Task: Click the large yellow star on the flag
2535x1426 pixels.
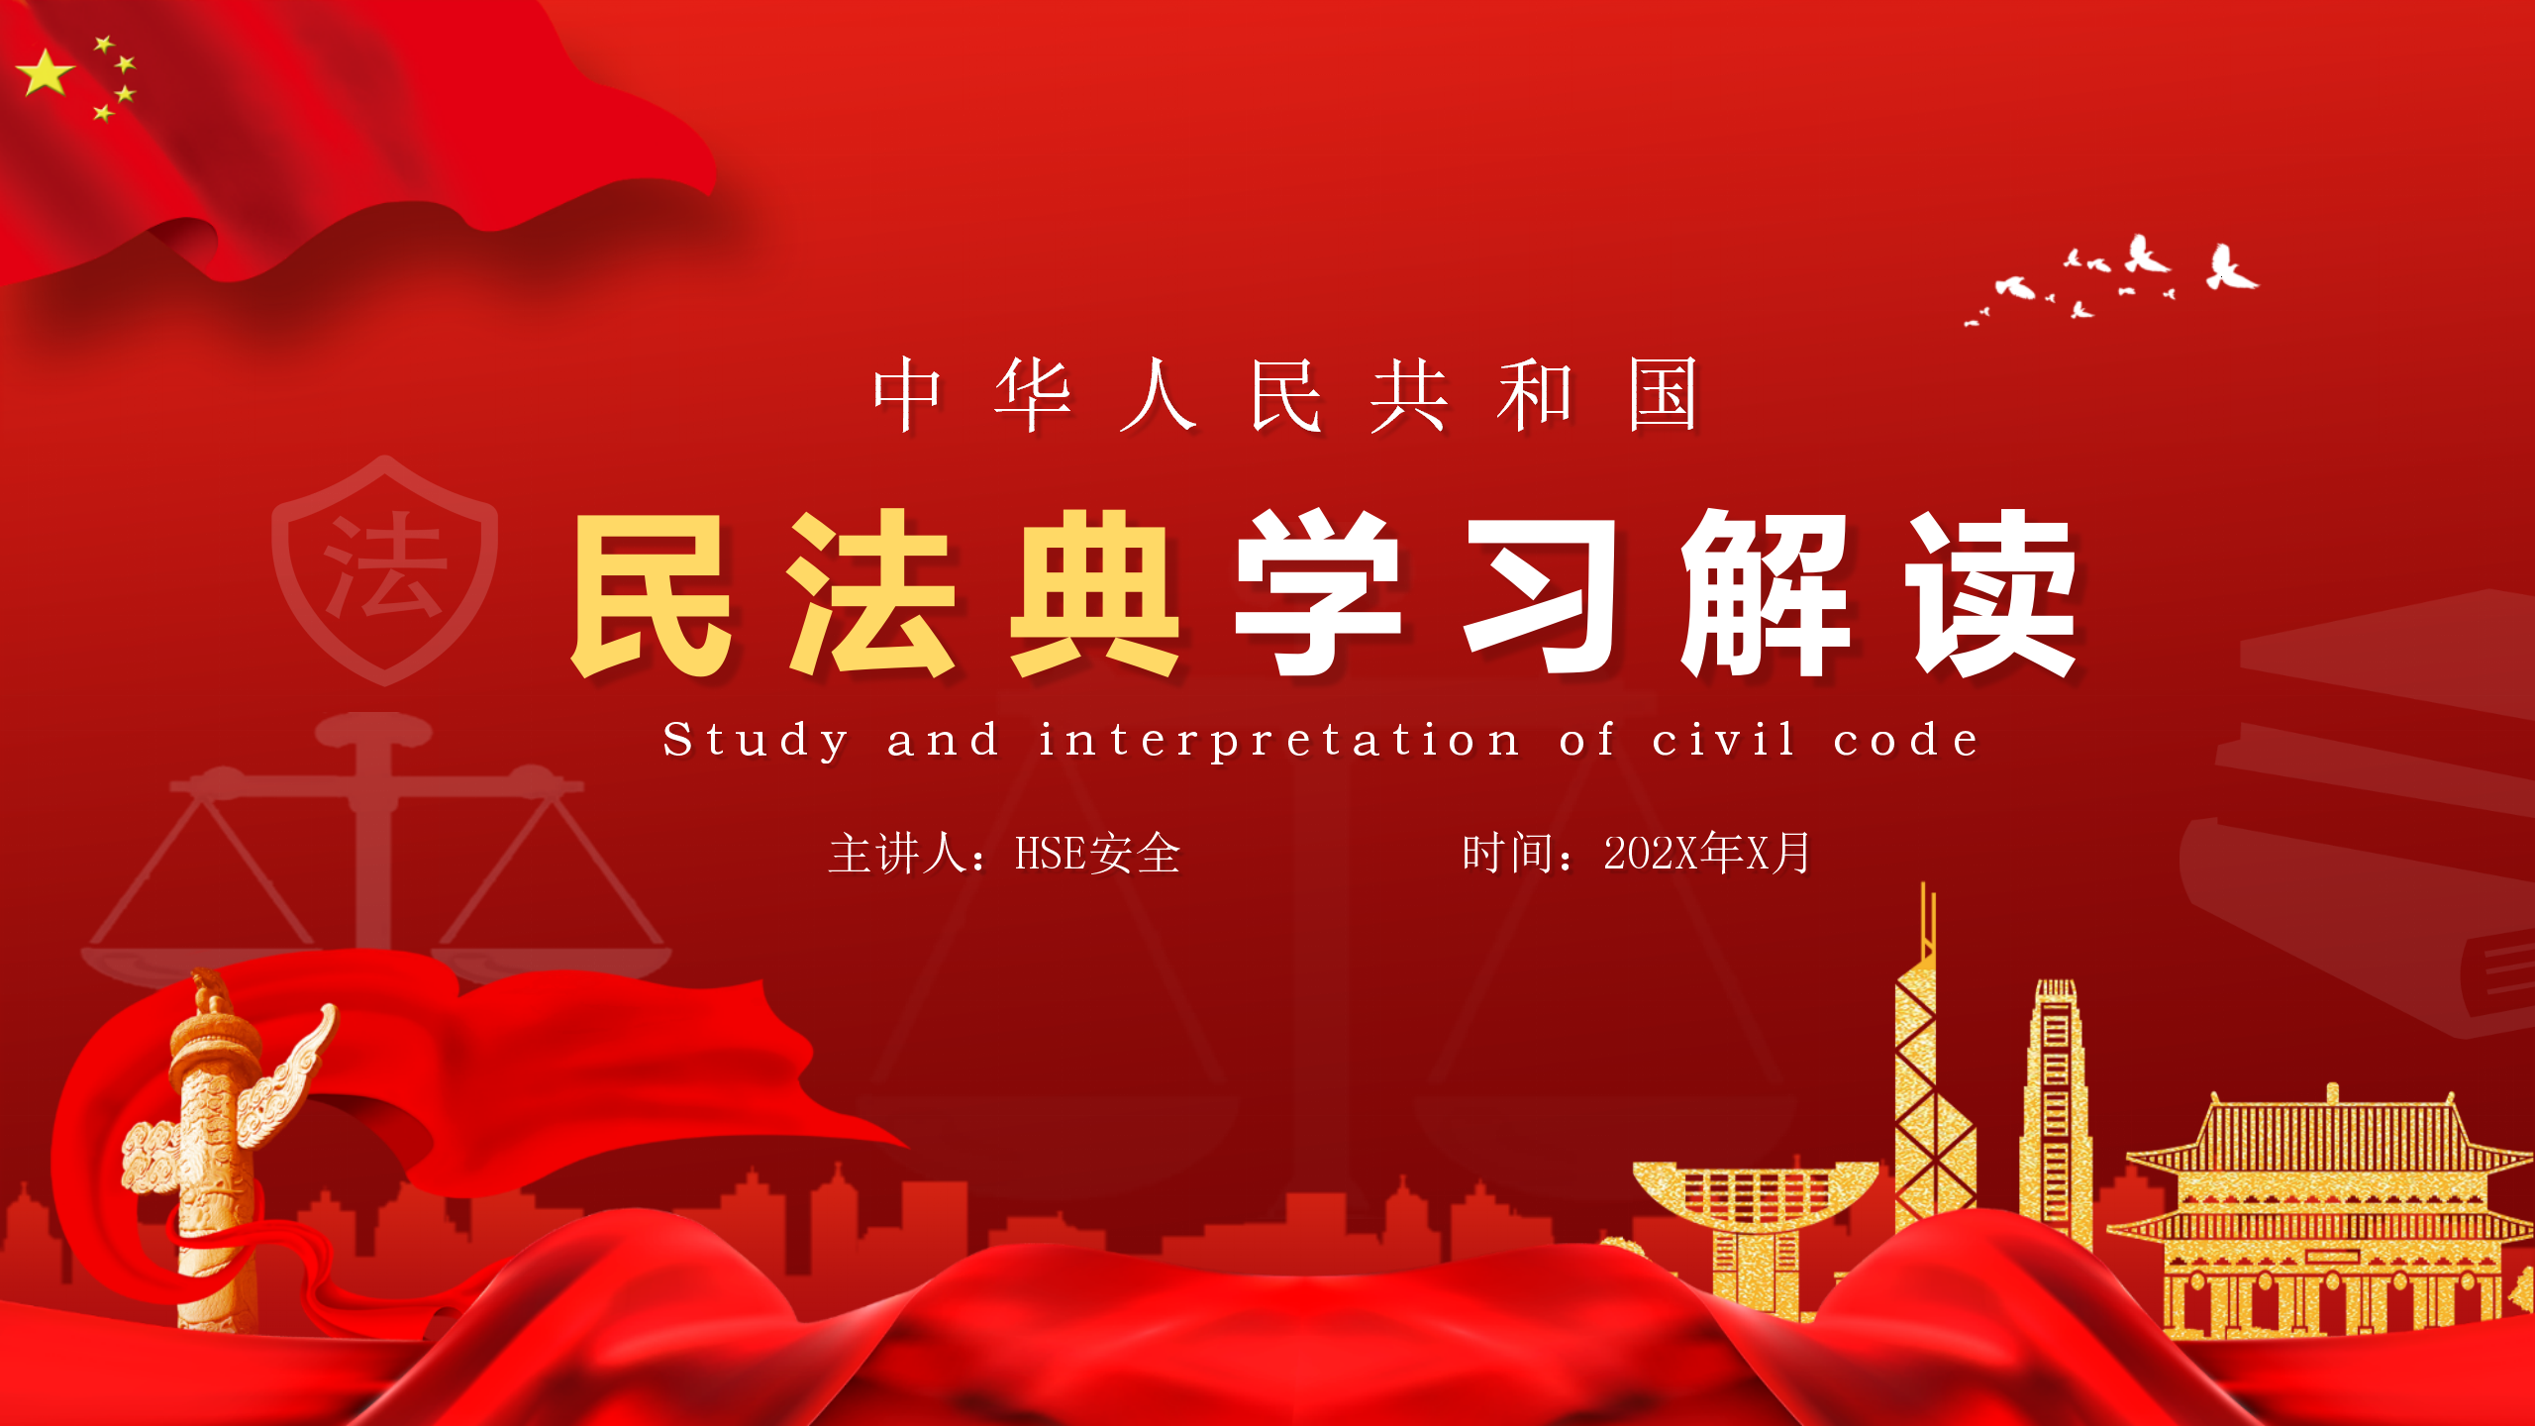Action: tap(45, 72)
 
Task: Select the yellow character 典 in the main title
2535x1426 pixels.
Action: tap(1094, 594)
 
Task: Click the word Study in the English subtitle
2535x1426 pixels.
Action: tap(755, 741)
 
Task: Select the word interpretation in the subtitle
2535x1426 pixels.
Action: tap(1278, 741)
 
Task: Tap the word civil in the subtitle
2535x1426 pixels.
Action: tap(1723, 739)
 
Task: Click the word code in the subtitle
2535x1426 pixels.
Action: tap(1905, 739)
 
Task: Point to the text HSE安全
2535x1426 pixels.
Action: tap(1097, 854)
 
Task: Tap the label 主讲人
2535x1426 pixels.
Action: tap(897, 854)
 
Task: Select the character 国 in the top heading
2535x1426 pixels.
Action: tap(1664, 394)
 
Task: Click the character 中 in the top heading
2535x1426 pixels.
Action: tap(907, 394)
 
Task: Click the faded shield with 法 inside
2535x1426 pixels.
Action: tap(385, 570)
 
